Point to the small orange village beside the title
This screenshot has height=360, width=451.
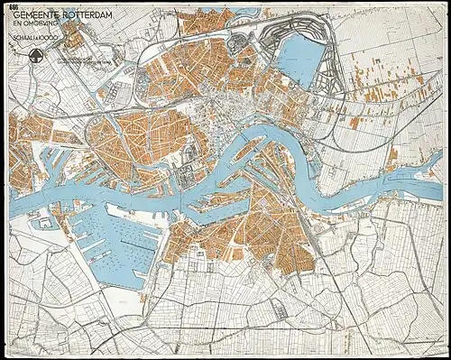tap(72, 39)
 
